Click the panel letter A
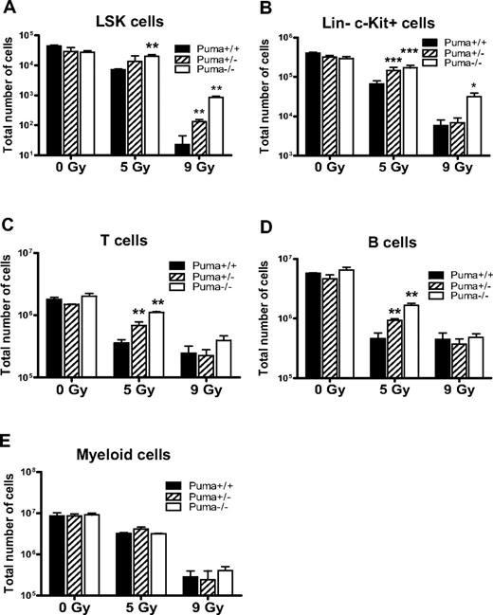pos(8,9)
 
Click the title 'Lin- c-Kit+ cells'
pos(362,18)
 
